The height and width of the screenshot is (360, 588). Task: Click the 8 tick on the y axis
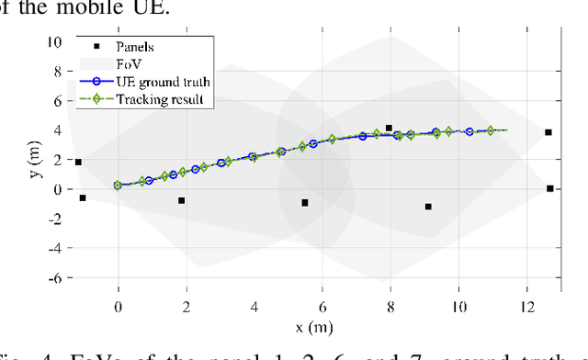[56, 71]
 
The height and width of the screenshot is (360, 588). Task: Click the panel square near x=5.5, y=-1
[305, 203]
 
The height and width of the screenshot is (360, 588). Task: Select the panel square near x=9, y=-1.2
[428, 207]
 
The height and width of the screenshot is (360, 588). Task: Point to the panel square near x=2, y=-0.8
[181, 200]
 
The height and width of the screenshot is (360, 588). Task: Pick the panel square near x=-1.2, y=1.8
[78, 163]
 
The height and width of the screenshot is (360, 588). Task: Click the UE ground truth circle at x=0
[118, 186]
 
